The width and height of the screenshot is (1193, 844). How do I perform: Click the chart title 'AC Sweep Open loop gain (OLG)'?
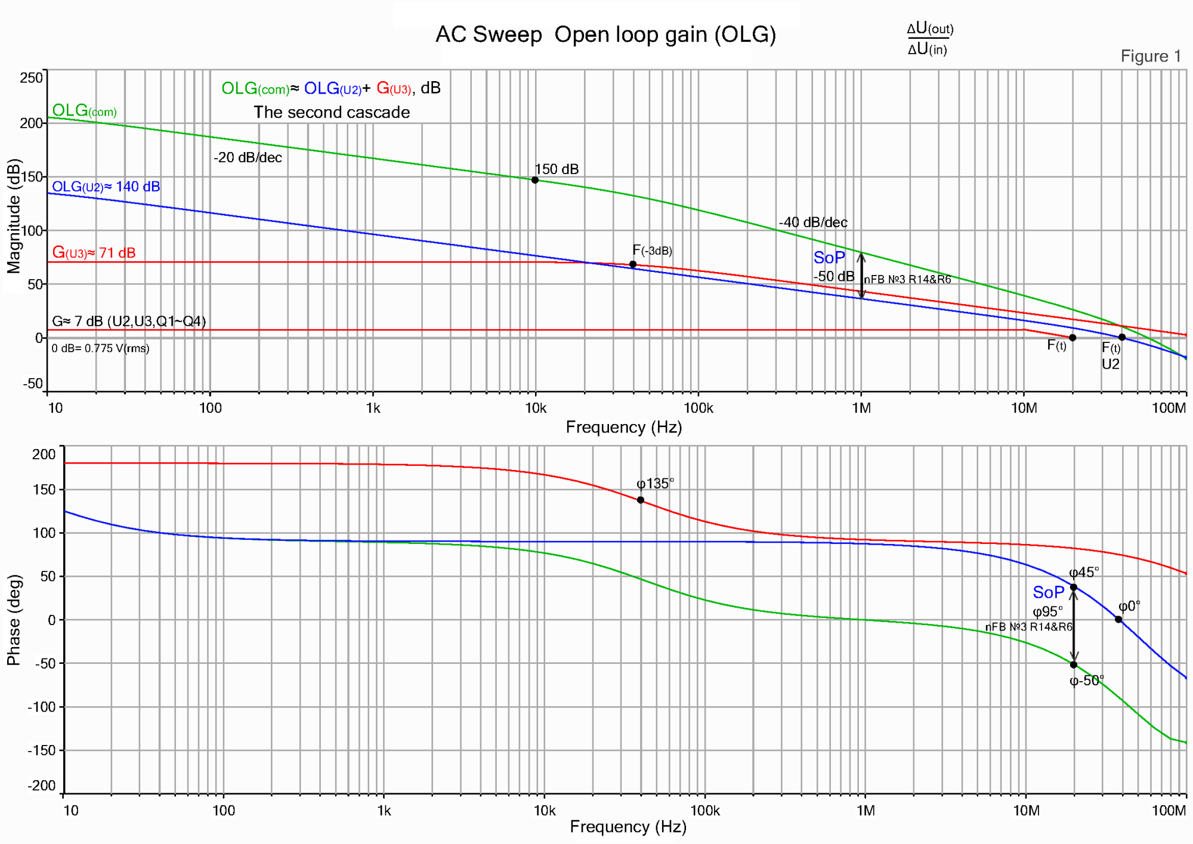605,35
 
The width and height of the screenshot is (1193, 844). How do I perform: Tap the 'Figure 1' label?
1151,56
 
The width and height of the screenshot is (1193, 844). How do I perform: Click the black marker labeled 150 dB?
535,180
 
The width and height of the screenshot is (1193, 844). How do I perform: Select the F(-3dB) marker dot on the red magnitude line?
633,264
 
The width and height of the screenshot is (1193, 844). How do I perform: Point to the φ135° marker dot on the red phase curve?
641,500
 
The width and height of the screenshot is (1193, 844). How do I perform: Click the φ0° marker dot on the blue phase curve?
1118,620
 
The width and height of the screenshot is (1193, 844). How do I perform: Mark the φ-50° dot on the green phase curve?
1074,664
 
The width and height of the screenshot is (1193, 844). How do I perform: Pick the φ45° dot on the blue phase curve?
1074,588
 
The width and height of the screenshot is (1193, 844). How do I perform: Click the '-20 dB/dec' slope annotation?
248,157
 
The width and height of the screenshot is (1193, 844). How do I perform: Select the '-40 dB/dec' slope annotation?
812,222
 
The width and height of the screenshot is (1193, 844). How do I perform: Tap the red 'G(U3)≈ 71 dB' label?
94,253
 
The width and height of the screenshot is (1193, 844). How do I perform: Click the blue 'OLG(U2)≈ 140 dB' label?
106,187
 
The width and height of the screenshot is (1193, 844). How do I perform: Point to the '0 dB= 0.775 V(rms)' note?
100,348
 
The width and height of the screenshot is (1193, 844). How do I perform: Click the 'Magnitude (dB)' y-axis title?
14,216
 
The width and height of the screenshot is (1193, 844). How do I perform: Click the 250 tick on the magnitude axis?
32,78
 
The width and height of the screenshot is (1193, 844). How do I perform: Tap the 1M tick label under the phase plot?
866,811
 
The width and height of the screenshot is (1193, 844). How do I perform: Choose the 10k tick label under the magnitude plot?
535,408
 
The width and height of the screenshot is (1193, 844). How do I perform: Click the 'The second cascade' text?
332,112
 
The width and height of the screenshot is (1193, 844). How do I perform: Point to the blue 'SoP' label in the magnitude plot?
829,258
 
